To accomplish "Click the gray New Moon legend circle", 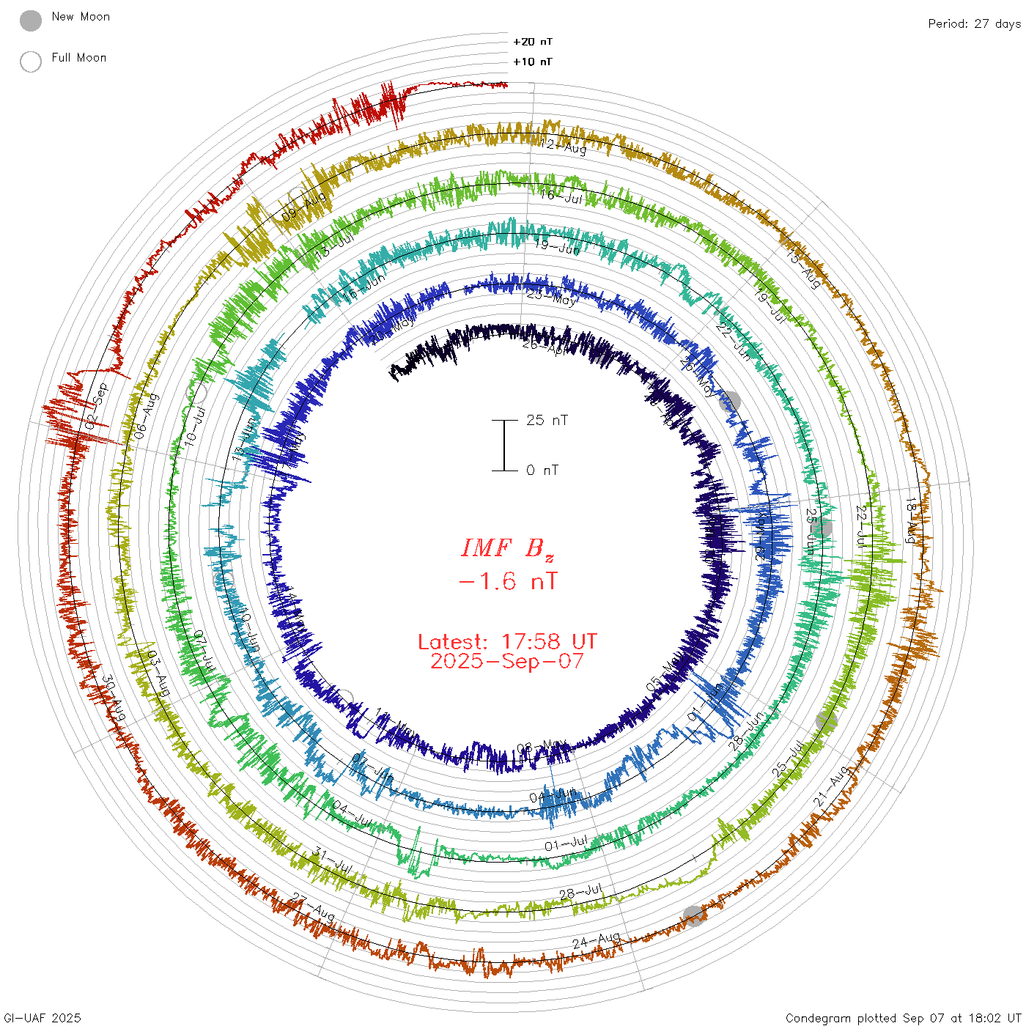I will point(31,21).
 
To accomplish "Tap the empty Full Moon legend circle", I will point(31,62).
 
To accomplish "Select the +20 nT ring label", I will point(533,42).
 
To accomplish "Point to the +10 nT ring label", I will point(533,62).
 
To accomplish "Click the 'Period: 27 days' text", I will point(974,23).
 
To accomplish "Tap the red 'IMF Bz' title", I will point(507,548).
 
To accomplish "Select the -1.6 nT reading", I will point(507,582).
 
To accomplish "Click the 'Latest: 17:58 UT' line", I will point(507,642).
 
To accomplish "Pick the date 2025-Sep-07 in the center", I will point(507,661).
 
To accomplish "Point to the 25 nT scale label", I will point(547,420).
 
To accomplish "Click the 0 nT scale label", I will point(542,470).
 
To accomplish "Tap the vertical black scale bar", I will point(504,445).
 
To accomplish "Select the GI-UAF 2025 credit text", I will point(43,1018).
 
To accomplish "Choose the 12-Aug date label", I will point(564,147).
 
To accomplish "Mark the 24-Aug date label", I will point(596,940).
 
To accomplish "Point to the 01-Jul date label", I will point(566,844).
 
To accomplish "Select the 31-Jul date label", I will point(333,859).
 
